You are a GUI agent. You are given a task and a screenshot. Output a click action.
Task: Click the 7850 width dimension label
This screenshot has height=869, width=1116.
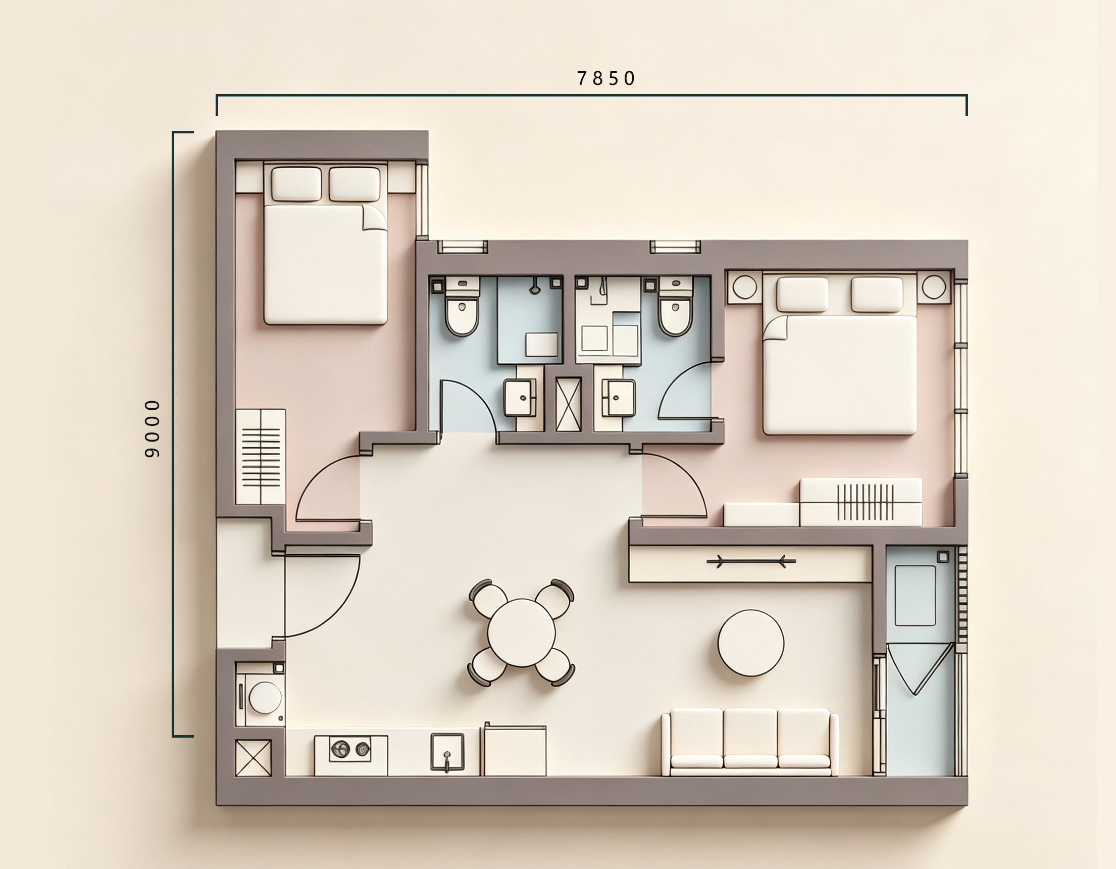(x=606, y=78)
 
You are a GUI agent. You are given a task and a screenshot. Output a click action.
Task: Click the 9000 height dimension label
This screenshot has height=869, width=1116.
(x=153, y=428)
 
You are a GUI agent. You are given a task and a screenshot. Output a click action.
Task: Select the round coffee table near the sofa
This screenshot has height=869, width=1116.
(x=750, y=643)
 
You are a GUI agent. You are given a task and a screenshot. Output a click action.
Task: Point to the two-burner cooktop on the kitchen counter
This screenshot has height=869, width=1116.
(x=350, y=749)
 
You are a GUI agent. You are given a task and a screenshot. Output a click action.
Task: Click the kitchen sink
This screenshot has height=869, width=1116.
(x=447, y=752)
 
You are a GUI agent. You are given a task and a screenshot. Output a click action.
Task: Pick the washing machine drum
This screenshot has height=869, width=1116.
(x=265, y=697)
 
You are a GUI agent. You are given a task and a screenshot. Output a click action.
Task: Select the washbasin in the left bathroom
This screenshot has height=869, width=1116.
(x=521, y=398)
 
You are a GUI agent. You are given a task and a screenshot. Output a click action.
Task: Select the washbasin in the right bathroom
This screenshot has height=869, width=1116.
(x=618, y=398)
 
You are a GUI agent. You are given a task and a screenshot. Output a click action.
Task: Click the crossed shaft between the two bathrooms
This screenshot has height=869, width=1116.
(x=569, y=404)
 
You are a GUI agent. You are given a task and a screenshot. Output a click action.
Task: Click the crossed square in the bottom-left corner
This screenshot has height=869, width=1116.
(x=253, y=758)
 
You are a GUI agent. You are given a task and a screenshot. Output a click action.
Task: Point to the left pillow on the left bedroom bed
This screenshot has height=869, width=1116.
(x=296, y=183)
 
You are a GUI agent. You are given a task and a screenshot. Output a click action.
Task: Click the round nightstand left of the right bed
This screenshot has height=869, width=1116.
(x=744, y=287)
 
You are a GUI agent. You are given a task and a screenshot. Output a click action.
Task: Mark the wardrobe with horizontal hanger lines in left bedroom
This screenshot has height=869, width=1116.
(x=261, y=457)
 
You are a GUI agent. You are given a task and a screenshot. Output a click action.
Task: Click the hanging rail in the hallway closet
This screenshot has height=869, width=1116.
(x=751, y=562)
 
